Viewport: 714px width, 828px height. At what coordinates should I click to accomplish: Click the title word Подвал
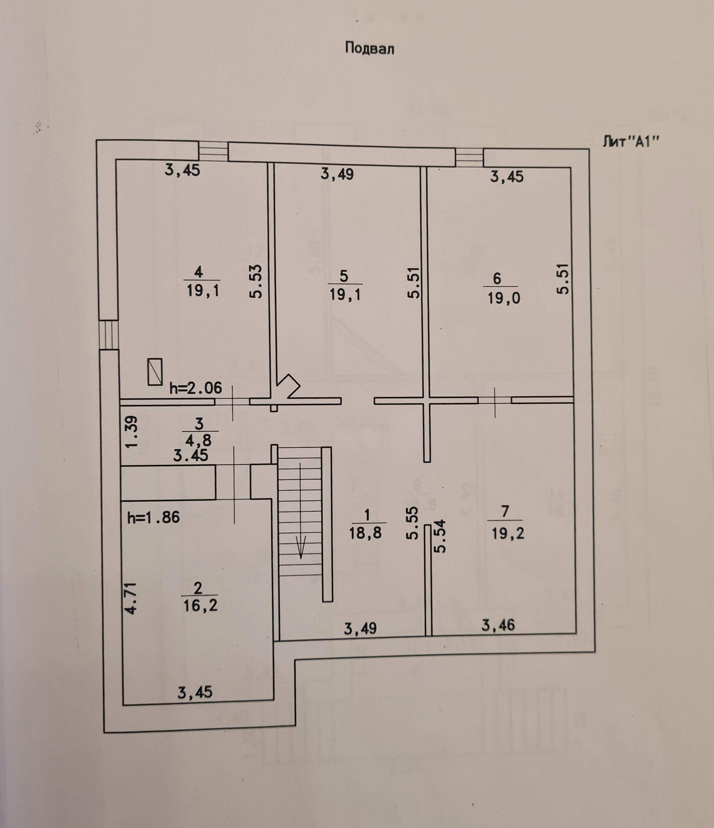[x=369, y=48]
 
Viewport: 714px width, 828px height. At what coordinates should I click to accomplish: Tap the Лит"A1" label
[x=629, y=143]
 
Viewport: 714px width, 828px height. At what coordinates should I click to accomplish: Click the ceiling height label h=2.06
[x=195, y=388]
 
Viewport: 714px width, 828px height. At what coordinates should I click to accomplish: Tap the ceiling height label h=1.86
[x=154, y=518]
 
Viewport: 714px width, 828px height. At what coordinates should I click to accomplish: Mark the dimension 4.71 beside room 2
[x=132, y=598]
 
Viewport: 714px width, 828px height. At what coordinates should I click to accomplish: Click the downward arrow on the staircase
[x=300, y=548]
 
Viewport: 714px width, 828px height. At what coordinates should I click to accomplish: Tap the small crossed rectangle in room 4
[x=155, y=372]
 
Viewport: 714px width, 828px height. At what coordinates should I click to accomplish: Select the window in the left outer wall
[x=109, y=335]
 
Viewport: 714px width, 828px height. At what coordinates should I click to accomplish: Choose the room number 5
[x=344, y=276]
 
